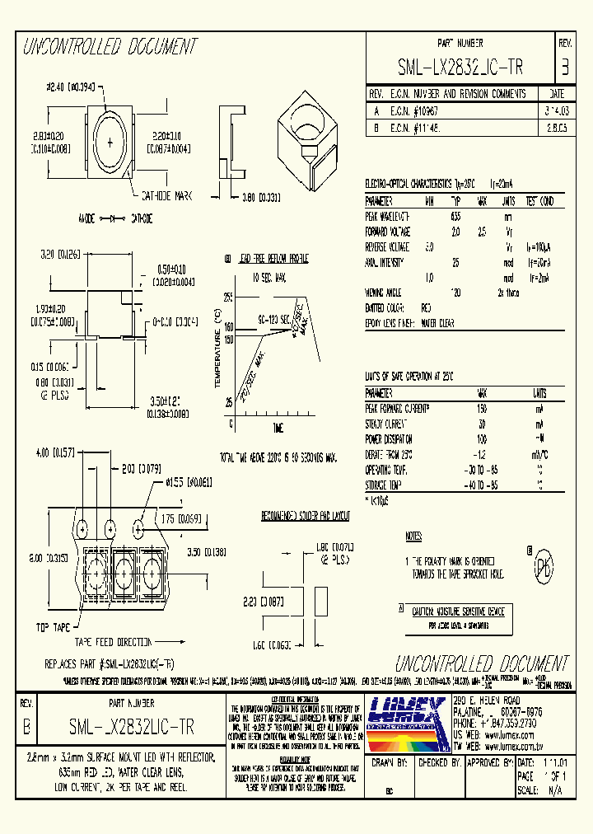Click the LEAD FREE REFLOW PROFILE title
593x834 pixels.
click(x=273, y=259)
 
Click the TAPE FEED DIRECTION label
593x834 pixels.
click(x=114, y=641)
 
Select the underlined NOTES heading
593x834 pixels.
click(x=413, y=536)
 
